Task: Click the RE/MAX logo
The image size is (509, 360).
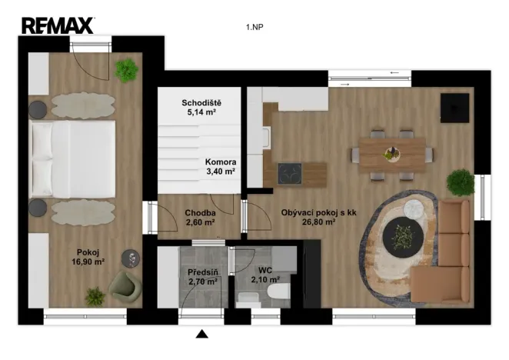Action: point(58,25)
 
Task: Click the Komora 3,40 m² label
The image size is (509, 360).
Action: point(220,167)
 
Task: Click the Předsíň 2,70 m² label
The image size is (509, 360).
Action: point(201,277)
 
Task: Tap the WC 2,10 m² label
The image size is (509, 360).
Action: point(265,275)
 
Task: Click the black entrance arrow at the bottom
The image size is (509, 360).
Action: point(202,334)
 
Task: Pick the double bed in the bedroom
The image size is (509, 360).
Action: point(73,159)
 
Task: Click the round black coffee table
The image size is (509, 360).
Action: point(402,236)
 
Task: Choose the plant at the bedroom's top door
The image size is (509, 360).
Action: point(126,70)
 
